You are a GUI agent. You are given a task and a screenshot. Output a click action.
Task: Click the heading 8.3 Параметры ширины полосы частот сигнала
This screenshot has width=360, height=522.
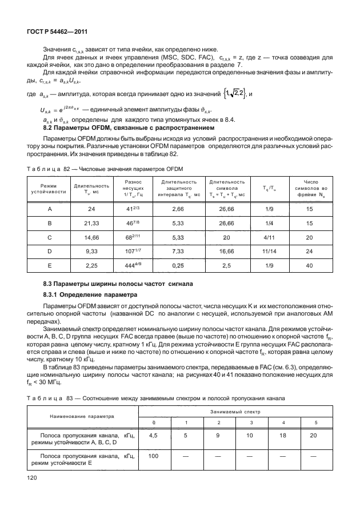click(118, 284)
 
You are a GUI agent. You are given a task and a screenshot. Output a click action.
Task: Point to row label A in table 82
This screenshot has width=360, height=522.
click(50, 210)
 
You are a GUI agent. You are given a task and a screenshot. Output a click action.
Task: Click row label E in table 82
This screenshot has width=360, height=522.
click(50, 265)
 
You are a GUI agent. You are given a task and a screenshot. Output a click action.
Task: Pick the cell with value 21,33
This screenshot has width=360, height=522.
click(91, 224)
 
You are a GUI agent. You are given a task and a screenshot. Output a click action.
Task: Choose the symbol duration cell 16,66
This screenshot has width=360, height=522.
click(226, 252)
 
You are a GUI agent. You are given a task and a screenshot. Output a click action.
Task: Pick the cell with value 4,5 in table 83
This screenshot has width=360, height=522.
click(153, 435)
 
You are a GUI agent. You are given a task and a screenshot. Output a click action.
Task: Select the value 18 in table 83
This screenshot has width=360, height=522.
click(284, 435)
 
